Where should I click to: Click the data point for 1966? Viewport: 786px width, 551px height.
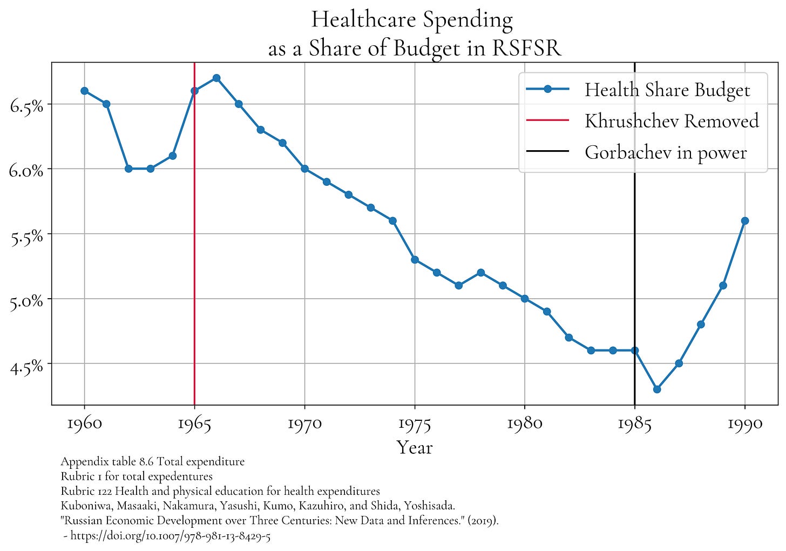pyautogui.click(x=216, y=78)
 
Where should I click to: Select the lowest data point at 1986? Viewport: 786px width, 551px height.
pyautogui.click(x=657, y=389)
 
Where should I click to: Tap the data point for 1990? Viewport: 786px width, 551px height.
pyautogui.click(x=745, y=220)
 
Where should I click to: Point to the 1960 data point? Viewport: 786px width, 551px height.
pyautogui.click(x=84, y=91)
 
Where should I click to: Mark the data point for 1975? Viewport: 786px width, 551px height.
pyautogui.click(x=415, y=259)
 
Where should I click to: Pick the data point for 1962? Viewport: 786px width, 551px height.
pyautogui.click(x=128, y=169)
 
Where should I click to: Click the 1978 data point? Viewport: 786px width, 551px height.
pyautogui.click(x=480, y=272)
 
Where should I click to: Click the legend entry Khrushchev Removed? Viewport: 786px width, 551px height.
pyautogui.click(x=671, y=121)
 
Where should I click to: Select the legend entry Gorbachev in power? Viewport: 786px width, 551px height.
pyautogui.click(x=665, y=152)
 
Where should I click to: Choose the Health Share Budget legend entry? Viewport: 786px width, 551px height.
pyautogui.click(x=667, y=90)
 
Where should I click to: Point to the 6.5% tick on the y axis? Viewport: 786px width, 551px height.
pyautogui.click(x=26, y=105)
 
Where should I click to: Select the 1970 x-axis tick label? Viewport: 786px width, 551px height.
pyautogui.click(x=304, y=423)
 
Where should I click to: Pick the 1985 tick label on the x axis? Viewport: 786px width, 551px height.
pyautogui.click(x=635, y=423)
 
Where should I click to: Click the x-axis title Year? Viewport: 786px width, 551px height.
pyautogui.click(x=415, y=447)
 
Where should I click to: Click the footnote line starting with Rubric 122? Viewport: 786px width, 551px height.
pyautogui.click(x=220, y=491)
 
